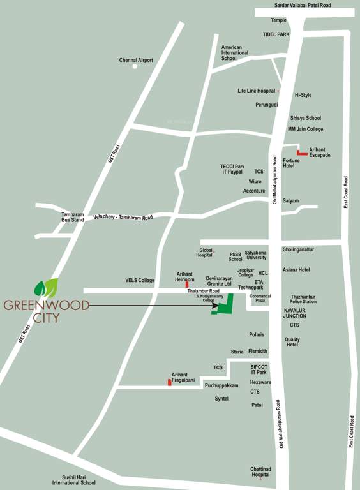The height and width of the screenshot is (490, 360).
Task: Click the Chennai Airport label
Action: pos(136,60)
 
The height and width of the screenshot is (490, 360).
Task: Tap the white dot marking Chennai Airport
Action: pos(135,66)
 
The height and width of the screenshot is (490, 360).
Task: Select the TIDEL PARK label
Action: pos(276,34)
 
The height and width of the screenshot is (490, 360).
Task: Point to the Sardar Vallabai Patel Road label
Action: pos(303,5)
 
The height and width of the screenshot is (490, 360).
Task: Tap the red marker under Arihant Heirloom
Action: pos(186,285)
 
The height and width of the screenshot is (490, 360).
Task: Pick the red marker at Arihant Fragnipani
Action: pos(169,382)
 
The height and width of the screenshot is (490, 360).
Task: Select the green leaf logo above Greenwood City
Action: pos(46,288)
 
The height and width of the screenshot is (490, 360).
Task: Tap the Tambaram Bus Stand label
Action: pos(72,218)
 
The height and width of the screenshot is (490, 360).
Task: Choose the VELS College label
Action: pos(140,280)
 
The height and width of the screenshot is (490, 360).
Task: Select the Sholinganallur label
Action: pos(298,249)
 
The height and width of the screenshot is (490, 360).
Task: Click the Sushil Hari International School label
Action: pos(74,480)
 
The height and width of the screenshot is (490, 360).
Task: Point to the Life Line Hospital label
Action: pos(257,91)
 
